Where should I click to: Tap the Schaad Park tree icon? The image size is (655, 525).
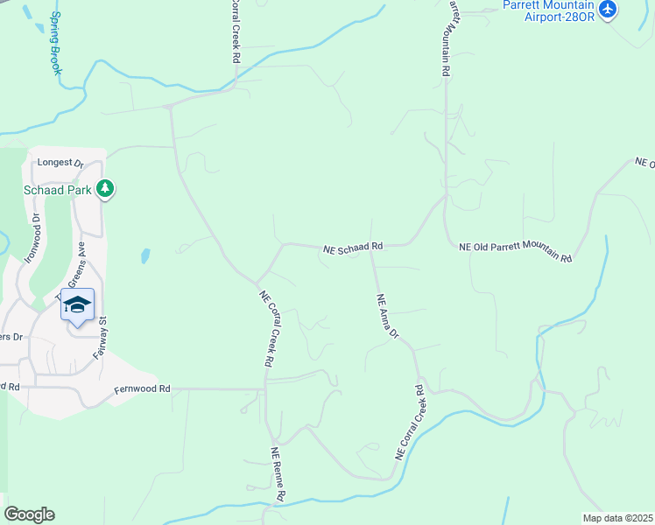click(105, 188)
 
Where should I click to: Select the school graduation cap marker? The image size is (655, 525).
click(77, 304)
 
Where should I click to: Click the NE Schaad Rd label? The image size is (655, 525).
click(353, 248)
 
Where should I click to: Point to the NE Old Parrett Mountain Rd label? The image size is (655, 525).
click(515, 252)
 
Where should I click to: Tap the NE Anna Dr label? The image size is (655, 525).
click(387, 316)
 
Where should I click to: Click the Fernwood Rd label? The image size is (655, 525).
click(140, 388)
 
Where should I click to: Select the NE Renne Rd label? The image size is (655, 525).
click(278, 474)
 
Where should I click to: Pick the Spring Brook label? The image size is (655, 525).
click(56, 42)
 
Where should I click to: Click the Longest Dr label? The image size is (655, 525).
click(60, 163)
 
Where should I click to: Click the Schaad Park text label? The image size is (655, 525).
click(59, 188)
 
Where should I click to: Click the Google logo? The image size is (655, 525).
click(29, 514)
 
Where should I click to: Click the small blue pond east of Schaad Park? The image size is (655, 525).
click(144, 256)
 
